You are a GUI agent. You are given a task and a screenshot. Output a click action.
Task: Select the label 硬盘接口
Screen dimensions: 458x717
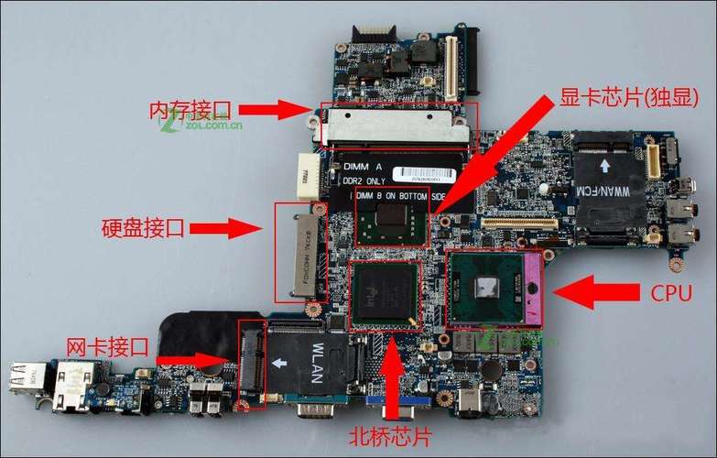pos(143,228)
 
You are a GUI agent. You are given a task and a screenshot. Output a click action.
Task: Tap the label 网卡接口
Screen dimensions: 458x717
pos(107,347)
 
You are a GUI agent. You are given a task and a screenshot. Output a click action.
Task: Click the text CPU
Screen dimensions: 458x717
pos(671,293)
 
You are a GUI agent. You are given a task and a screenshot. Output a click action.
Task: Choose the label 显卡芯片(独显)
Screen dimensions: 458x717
pos(629,97)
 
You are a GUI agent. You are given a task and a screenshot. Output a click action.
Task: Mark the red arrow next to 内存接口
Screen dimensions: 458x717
pos(278,110)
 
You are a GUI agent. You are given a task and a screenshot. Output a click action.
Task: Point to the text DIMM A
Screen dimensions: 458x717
pos(364,166)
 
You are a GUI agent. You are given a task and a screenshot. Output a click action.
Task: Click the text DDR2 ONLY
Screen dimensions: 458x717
pos(368,180)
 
